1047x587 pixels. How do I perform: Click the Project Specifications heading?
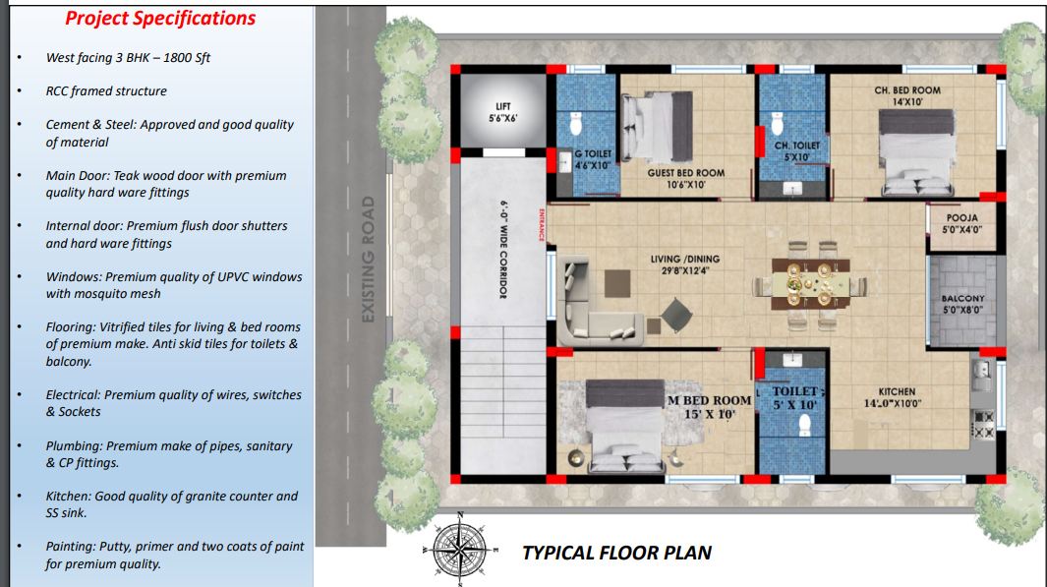pyautogui.click(x=160, y=19)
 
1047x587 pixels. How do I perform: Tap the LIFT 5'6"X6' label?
pyautogui.click(x=502, y=112)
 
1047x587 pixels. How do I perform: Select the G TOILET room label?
pyautogui.click(x=592, y=159)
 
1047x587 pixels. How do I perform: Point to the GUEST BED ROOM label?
pyautogui.click(x=686, y=178)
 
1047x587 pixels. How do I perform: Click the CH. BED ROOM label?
pyautogui.click(x=907, y=96)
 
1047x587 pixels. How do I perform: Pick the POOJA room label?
pyautogui.click(x=962, y=224)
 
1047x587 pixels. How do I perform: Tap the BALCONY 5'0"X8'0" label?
pyautogui.click(x=962, y=304)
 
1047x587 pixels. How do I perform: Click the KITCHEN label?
pyautogui.click(x=893, y=397)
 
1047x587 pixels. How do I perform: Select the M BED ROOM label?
pyautogui.click(x=709, y=407)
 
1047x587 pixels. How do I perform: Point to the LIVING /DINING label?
pyautogui.click(x=685, y=264)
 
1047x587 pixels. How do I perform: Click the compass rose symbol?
pyautogui.click(x=460, y=549)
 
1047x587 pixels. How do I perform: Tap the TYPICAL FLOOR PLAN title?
pyautogui.click(x=617, y=553)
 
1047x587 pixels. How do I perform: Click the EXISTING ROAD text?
pyautogui.click(x=368, y=260)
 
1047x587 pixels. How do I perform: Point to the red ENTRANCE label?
pyautogui.click(x=541, y=224)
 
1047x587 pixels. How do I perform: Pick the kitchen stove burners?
pyautogui.click(x=983, y=425)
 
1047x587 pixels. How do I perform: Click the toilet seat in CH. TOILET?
pyautogui.click(x=777, y=124)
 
